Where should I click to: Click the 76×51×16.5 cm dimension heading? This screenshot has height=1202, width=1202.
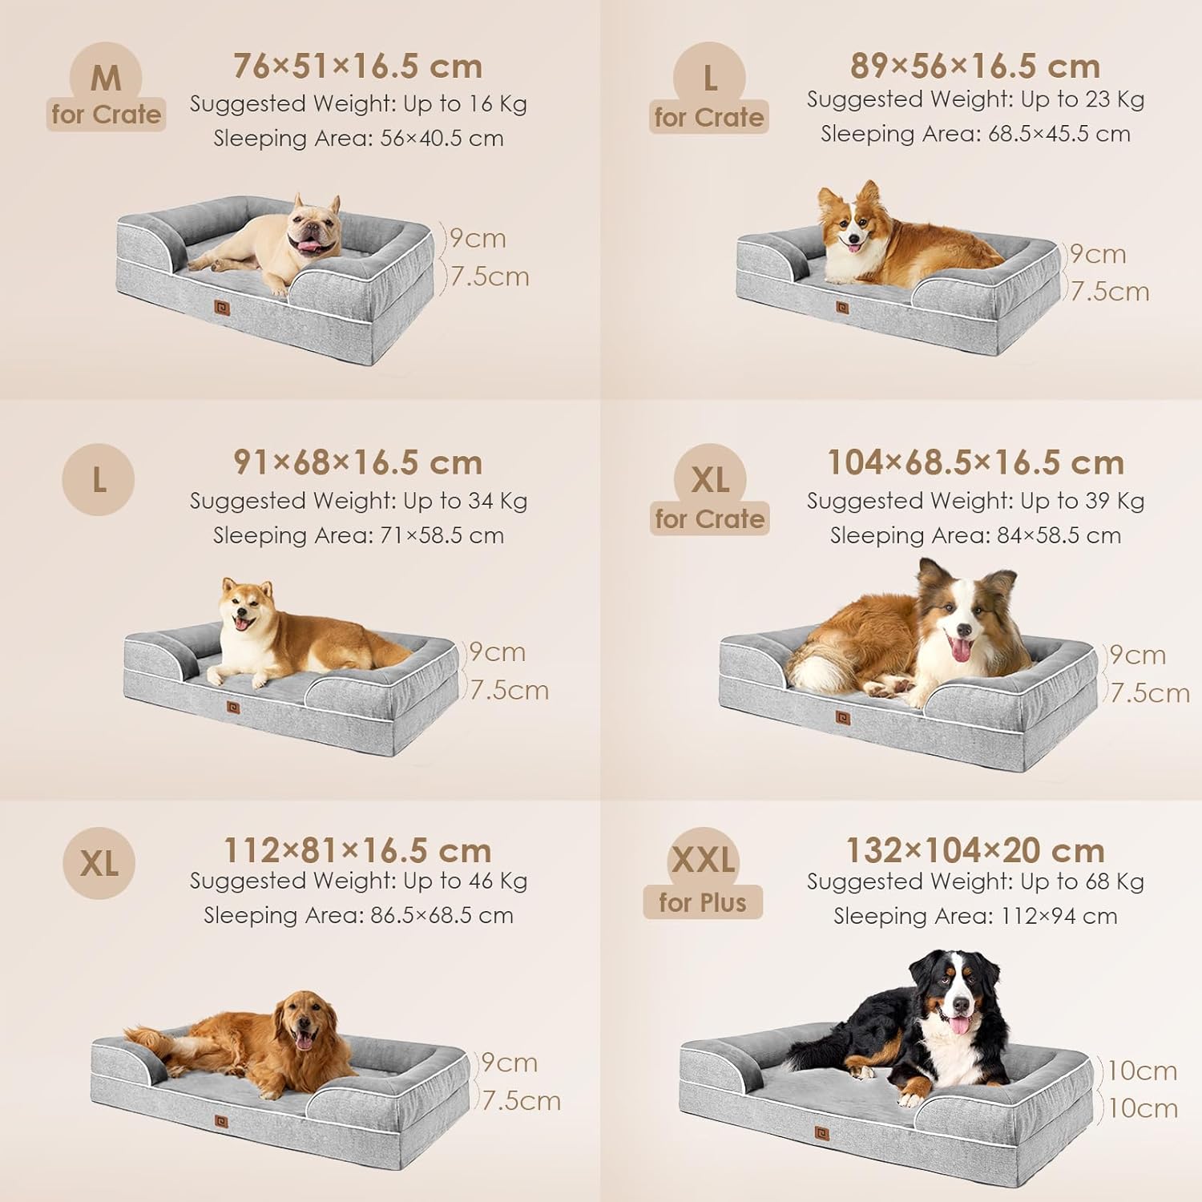coord(357,67)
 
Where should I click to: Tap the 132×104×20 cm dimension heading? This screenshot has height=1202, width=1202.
coord(975,850)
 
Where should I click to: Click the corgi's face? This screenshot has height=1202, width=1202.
coord(848,223)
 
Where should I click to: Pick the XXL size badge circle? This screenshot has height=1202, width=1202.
coord(703,861)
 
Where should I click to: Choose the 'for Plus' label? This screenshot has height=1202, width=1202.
coord(703,903)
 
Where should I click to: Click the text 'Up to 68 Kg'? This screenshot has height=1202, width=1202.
coord(1083,881)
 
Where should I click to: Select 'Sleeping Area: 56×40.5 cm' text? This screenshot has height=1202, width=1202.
coord(358,139)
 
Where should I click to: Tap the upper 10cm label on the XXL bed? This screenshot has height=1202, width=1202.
coord(1142,1071)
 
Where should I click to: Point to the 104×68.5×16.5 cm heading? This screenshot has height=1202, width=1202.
coord(975,463)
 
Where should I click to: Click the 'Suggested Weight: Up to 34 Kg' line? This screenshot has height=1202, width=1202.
coord(358,501)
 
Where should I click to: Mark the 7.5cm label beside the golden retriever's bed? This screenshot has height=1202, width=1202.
coord(521,1101)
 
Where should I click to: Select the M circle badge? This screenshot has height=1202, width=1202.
coord(106,77)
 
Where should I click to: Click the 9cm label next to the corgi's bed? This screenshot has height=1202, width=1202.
coord(1098,255)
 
